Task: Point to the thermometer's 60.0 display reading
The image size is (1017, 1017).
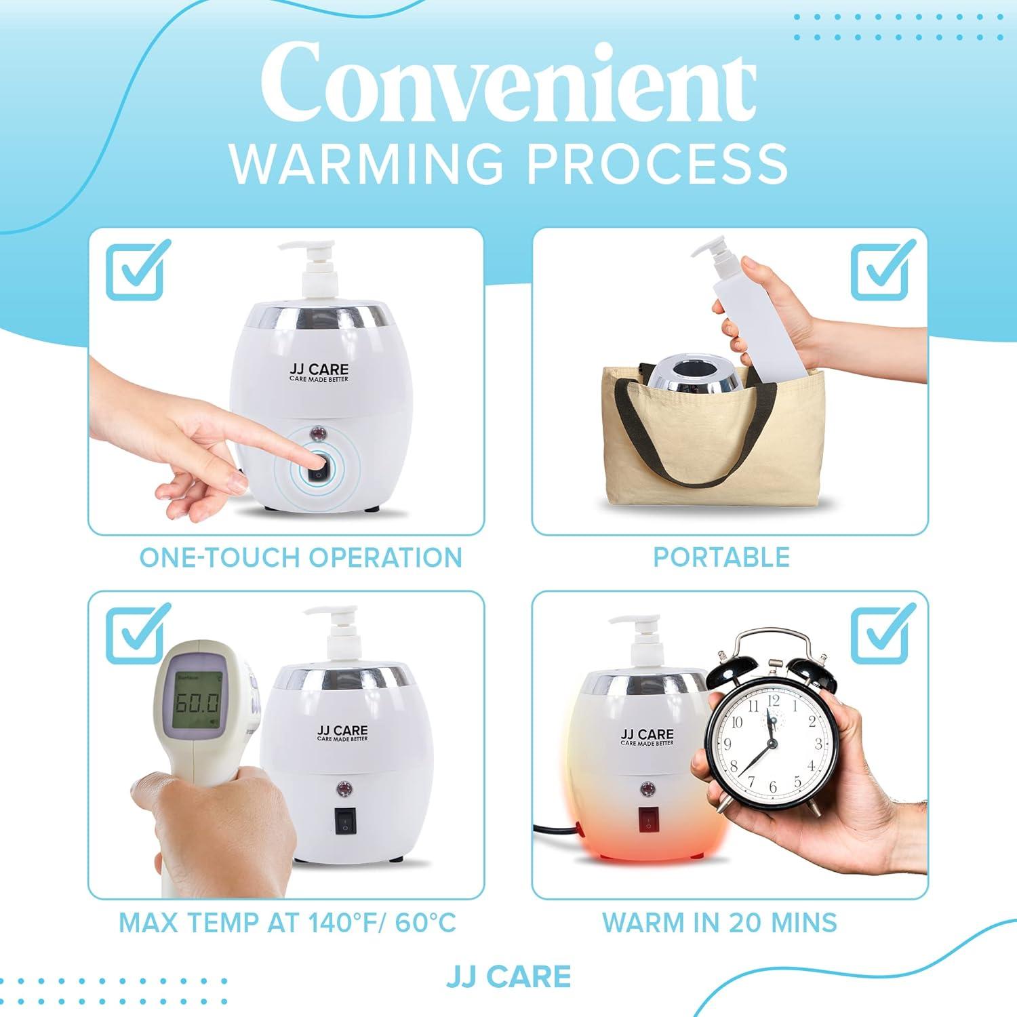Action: click(x=197, y=702)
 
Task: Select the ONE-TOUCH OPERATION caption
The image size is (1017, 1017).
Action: click(x=300, y=557)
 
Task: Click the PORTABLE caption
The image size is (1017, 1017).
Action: click(x=721, y=557)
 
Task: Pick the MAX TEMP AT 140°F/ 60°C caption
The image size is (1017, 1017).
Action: click(x=287, y=923)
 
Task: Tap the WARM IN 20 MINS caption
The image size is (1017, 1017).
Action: click(x=719, y=923)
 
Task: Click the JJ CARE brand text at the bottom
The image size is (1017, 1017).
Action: click(x=509, y=976)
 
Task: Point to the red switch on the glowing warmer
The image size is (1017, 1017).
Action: click(x=648, y=822)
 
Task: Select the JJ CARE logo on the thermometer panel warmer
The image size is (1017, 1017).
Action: click(x=342, y=732)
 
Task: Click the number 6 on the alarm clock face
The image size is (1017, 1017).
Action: click(x=772, y=786)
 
